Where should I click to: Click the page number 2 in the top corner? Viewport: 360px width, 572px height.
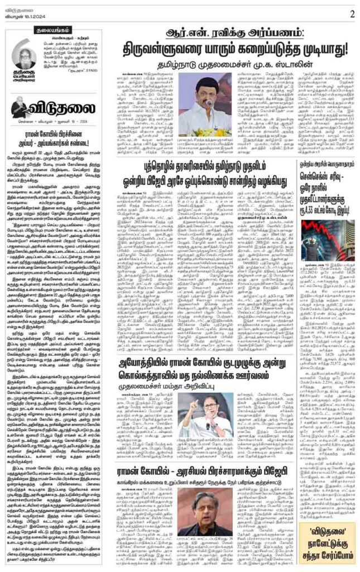coord(352,14)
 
